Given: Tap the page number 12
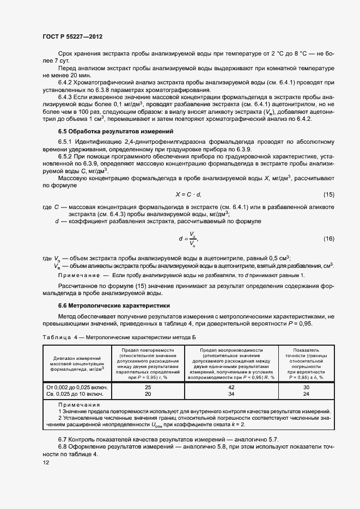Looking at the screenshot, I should (x=46, y=462).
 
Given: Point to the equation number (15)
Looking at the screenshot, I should (x=328, y=194).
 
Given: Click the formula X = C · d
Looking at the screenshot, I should (x=188, y=194).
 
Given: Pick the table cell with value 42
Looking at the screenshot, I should (x=231, y=387).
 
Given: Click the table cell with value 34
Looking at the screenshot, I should (x=231, y=394).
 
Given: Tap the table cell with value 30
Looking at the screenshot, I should (x=306, y=387).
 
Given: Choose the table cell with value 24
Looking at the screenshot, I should (x=306, y=394).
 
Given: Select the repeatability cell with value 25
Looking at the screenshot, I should (x=147, y=387).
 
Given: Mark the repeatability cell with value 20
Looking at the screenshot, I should (x=147, y=394).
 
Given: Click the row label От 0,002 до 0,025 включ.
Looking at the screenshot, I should (x=77, y=387).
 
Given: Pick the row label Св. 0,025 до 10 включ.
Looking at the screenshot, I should (x=77, y=394).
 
